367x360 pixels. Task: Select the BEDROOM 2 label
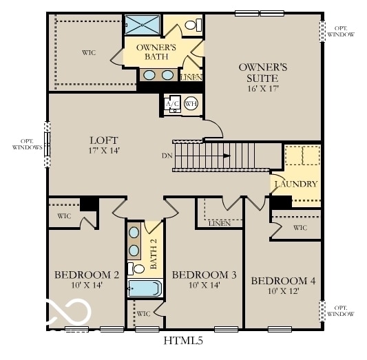[x=87, y=275]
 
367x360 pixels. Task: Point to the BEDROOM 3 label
[x=204, y=275]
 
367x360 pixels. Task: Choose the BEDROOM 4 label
[x=283, y=281]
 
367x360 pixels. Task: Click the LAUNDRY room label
[x=296, y=184]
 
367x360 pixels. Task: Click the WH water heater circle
[x=191, y=104]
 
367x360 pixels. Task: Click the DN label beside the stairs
[x=167, y=156]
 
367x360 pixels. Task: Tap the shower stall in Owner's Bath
[x=143, y=24]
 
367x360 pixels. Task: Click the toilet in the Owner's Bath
[x=196, y=25]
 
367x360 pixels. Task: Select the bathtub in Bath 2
[x=145, y=288]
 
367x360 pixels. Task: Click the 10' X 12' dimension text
[x=283, y=292]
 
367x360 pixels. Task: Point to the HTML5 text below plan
[x=183, y=340]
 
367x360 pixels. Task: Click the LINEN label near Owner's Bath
[x=191, y=78]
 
